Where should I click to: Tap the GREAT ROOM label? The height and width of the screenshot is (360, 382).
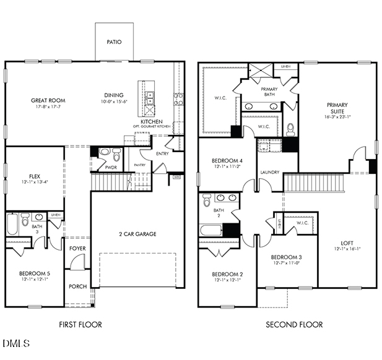coord(48,100)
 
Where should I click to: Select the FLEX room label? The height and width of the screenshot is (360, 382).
coord(26,175)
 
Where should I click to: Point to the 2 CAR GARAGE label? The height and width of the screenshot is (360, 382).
coord(137,234)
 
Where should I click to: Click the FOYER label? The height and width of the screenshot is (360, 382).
coord(78,249)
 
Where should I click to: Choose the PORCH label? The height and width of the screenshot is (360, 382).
coord(78,286)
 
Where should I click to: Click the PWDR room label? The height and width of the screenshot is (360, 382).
coord(111,167)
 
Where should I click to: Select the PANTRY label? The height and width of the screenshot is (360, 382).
coord(139,165)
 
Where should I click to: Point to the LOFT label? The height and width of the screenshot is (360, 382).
coord(347,242)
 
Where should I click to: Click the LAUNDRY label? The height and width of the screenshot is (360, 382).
coord(269,172)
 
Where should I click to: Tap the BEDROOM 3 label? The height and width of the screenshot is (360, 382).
coord(287,257)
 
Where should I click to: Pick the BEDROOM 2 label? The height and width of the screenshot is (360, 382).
coord(227,274)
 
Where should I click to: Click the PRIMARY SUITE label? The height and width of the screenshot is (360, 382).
coord(337,108)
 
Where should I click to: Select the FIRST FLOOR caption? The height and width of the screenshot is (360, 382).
coord(80,324)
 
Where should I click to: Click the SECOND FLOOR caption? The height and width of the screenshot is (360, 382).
coord(294,324)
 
